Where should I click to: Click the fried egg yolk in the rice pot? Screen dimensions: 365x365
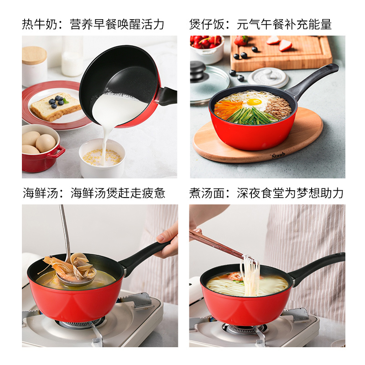pos(254,102)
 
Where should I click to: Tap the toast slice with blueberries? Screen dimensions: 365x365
pos(55,106)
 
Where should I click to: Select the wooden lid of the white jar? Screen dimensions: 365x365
pos(34,55)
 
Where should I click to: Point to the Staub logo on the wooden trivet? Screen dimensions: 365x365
pos(278,155)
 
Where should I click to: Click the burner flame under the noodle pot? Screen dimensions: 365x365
pos(241,328)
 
